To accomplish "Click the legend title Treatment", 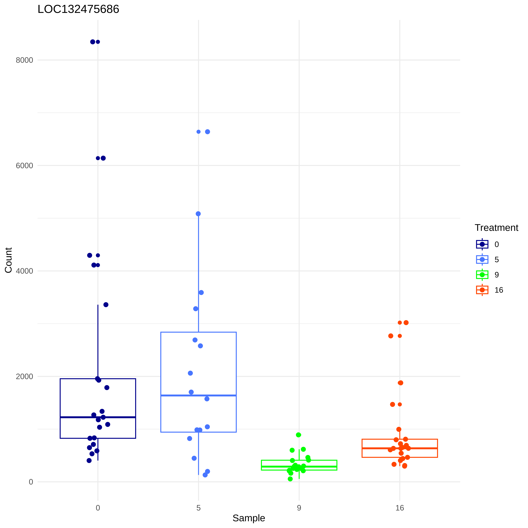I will pos(496,228).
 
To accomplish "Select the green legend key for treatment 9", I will pos(482,275).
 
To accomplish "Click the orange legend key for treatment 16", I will pos(482,290).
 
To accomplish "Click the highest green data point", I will pos(298,435).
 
